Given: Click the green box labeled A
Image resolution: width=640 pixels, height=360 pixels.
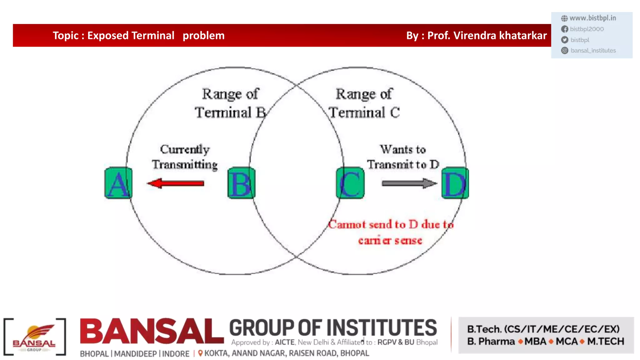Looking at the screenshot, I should coord(118,183).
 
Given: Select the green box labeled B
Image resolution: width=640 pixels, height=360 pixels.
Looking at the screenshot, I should coord(241,183).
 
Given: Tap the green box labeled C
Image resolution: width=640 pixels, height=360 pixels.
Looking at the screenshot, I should coord(350,183).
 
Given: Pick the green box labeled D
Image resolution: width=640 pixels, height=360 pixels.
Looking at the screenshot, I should coord(455,183).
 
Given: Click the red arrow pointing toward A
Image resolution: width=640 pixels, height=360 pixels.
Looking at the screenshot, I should coord(176,183).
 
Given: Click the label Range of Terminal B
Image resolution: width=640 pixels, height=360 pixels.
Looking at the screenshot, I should coord(230,103).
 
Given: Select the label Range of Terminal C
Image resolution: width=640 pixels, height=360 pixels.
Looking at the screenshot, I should coord(364,103).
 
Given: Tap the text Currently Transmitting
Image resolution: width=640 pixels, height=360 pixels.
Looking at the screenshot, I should coord(185,157).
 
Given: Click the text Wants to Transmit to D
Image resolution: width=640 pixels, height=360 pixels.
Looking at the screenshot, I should coord(403,157).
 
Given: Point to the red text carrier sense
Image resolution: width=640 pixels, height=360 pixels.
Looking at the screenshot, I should coord(390,241).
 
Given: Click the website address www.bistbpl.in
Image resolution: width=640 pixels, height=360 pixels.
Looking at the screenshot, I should coord(592,18).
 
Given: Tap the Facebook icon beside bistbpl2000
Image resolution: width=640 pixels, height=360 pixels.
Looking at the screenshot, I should coord(564,29).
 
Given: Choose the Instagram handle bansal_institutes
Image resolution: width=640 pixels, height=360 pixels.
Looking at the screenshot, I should coord(593,51).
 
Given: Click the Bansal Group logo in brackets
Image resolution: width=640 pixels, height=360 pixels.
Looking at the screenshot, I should coord(34,337).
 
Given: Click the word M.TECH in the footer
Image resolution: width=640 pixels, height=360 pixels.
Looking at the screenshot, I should coord(606,342).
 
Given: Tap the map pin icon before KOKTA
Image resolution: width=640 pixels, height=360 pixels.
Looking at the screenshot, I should coord(200,353).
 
